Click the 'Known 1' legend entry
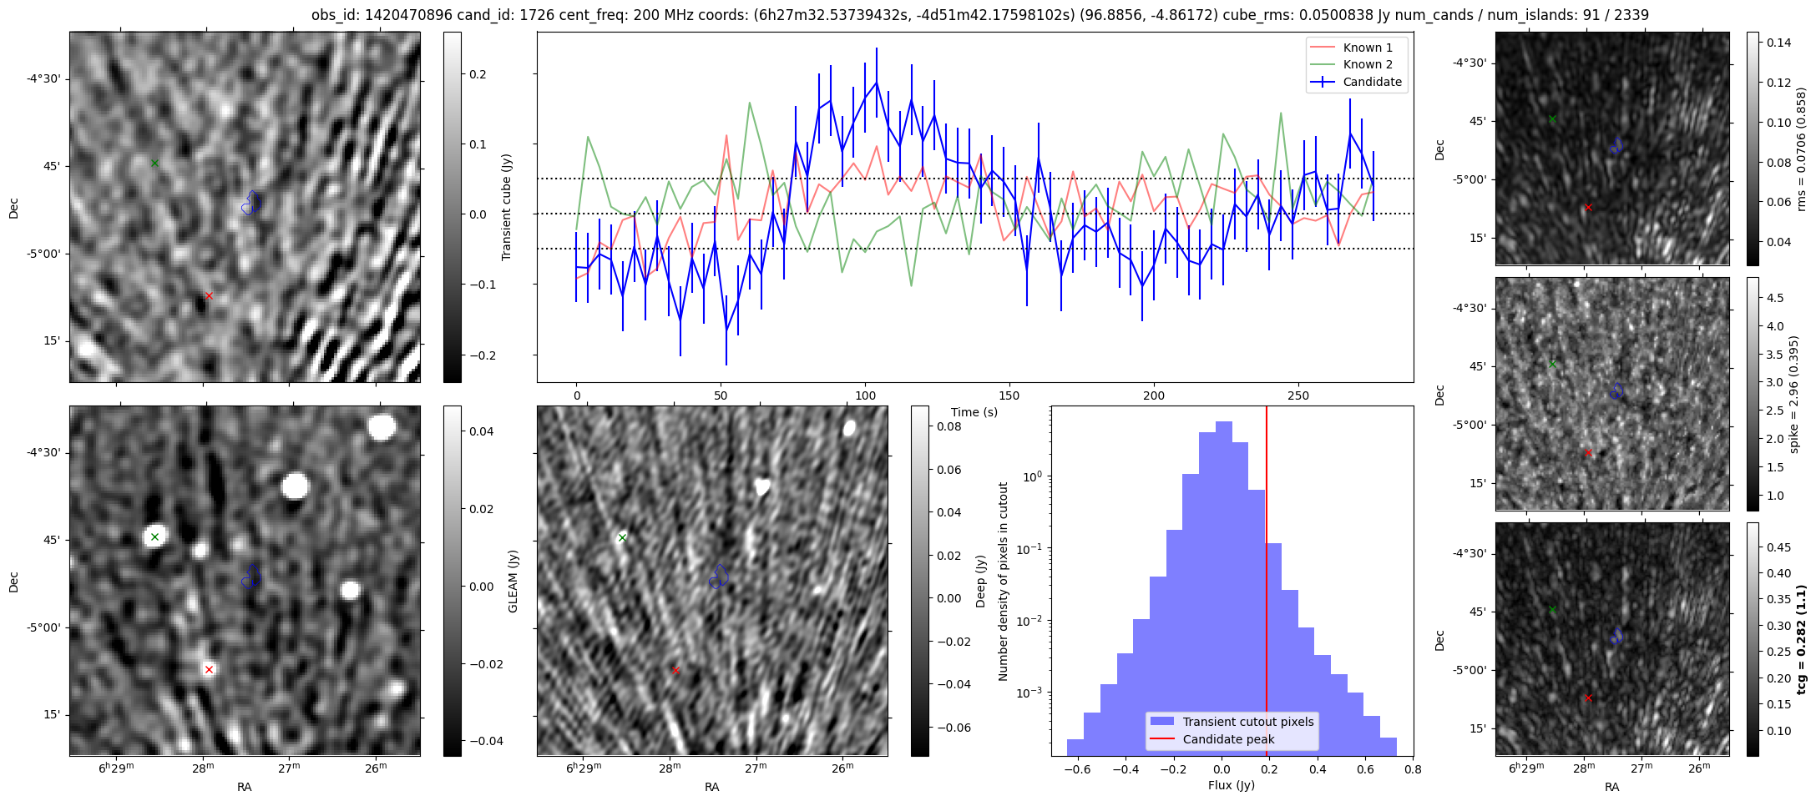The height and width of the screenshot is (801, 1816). (1368, 48)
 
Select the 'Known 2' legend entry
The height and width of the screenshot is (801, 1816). (1368, 64)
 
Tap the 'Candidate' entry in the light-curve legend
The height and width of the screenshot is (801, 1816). (1372, 82)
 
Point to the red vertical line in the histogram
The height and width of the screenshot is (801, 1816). (1267, 584)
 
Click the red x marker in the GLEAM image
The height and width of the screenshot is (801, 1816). (209, 669)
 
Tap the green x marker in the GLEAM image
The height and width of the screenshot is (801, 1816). (154, 537)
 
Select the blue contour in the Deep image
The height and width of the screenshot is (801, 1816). (719, 576)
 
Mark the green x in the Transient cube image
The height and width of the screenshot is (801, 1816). (154, 163)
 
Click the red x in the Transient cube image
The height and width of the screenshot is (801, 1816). (209, 295)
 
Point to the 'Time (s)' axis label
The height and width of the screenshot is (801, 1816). (974, 412)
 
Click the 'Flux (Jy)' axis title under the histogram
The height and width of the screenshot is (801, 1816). (1231, 785)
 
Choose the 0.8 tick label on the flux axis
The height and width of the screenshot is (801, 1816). (1412, 769)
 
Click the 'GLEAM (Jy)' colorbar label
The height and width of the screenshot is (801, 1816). (513, 581)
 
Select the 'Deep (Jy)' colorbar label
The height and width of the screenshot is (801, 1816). (981, 581)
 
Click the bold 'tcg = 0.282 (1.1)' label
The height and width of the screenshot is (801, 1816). (1802, 639)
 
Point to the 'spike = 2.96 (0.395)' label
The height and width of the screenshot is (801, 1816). (1793, 394)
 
